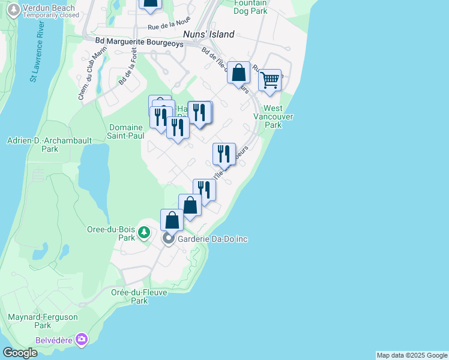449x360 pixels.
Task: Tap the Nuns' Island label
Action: pos(208,35)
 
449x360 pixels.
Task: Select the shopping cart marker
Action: pos(270,80)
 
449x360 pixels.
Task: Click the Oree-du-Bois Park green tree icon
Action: pos(144,232)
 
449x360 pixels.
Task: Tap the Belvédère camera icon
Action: pos(82,340)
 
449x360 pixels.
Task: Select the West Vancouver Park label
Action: pos(273,117)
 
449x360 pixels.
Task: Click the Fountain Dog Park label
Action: pos(250,7)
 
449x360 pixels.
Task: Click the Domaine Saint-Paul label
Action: pos(126,131)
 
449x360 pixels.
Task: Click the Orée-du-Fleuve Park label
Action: pos(139,296)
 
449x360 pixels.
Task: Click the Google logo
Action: pos(20,353)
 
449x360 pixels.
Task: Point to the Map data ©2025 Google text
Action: pos(412,355)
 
